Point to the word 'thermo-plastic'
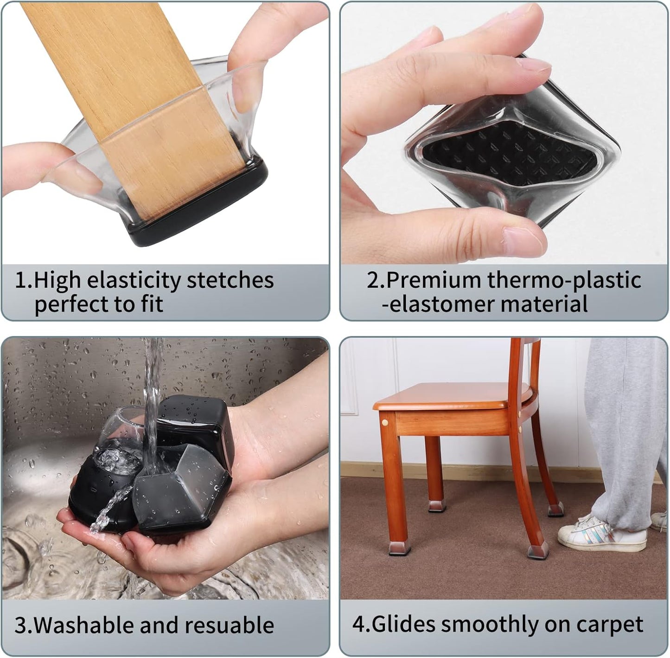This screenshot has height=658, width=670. pyautogui.click(x=564, y=280)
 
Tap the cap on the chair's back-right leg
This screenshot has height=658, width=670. pyautogui.click(x=556, y=509)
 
